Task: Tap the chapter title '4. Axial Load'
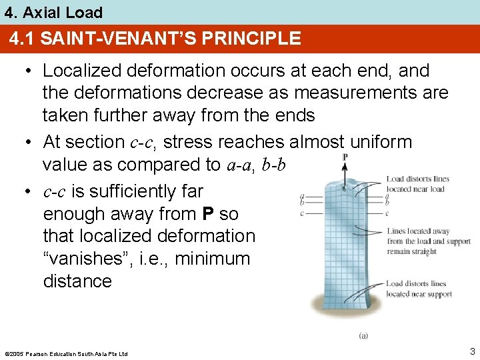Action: pyautogui.click(x=54, y=12)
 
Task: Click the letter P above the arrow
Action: pyautogui.click(x=345, y=157)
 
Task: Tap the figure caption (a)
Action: pyautogui.click(x=363, y=335)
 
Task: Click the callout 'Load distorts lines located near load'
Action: pyautogui.click(x=417, y=184)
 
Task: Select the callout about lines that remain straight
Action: pyautogui.click(x=429, y=241)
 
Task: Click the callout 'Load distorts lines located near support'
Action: pyautogui.click(x=419, y=289)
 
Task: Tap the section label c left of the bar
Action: pyautogui.click(x=302, y=213)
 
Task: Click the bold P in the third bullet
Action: pyautogui.click(x=208, y=214)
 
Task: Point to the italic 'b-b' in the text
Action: pyautogui.click(x=273, y=165)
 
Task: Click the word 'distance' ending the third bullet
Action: pyautogui.click(x=77, y=281)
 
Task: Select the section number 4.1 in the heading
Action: pyautogui.click(x=22, y=39)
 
